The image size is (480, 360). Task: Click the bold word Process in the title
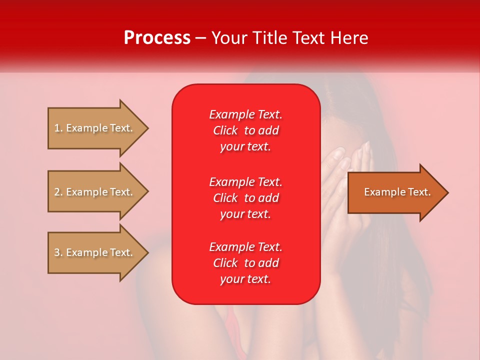(157, 38)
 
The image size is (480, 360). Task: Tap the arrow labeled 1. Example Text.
(95, 128)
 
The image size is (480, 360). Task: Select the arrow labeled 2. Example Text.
(95, 192)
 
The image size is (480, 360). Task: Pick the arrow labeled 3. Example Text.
(95, 252)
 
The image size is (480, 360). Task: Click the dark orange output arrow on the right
(395, 192)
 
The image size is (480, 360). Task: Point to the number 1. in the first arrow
(58, 128)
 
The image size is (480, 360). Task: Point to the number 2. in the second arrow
(58, 192)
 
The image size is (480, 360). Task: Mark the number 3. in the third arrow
(58, 252)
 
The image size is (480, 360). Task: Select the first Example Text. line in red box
(245, 114)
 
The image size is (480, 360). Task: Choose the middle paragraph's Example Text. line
(245, 181)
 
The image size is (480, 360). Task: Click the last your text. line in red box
(245, 279)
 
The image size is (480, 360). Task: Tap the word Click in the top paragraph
(225, 130)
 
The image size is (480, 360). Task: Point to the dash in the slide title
(201, 38)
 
